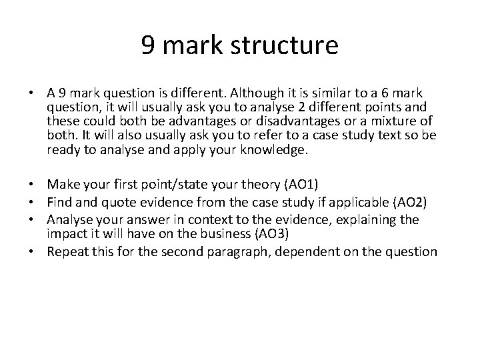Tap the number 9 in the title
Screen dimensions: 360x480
(x=149, y=46)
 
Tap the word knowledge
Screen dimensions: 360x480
(x=274, y=151)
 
